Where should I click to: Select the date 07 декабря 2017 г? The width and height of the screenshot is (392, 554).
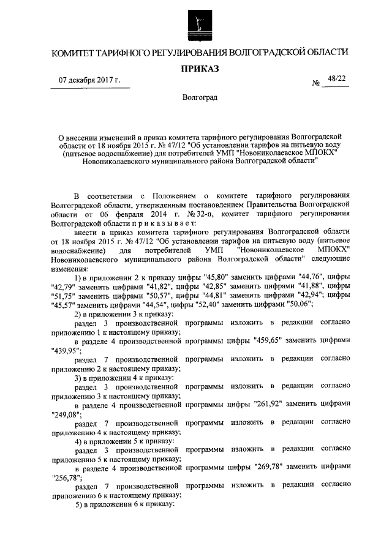(x=89, y=81)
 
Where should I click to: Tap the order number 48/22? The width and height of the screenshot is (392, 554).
(x=336, y=78)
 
